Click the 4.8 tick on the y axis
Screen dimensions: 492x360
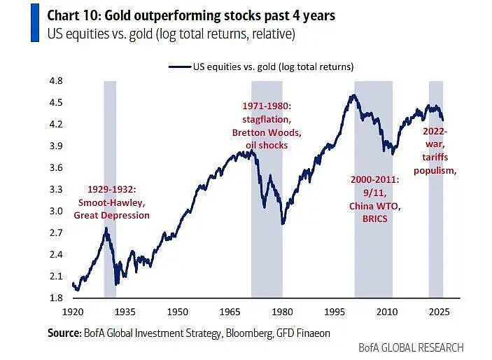point(56,81)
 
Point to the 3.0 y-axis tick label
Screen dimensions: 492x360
point(56,211)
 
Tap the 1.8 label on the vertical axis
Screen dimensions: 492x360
point(56,298)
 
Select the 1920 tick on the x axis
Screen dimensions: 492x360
point(73,312)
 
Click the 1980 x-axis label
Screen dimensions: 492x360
point(282,312)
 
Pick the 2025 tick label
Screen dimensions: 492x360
point(439,312)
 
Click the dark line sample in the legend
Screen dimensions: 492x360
point(180,67)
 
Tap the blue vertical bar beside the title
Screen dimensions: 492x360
point(35,22)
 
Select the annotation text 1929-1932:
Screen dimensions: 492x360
point(112,189)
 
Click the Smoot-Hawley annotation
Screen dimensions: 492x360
point(112,202)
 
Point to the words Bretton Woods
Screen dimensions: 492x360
point(267,132)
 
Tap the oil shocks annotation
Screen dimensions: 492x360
point(267,145)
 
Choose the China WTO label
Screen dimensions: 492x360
point(375,206)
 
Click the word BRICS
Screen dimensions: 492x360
point(375,219)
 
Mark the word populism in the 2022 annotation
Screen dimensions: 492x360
point(434,171)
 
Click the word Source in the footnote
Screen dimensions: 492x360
point(64,333)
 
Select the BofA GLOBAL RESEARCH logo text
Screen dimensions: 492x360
point(411,348)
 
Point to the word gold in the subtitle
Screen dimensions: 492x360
point(141,34)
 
